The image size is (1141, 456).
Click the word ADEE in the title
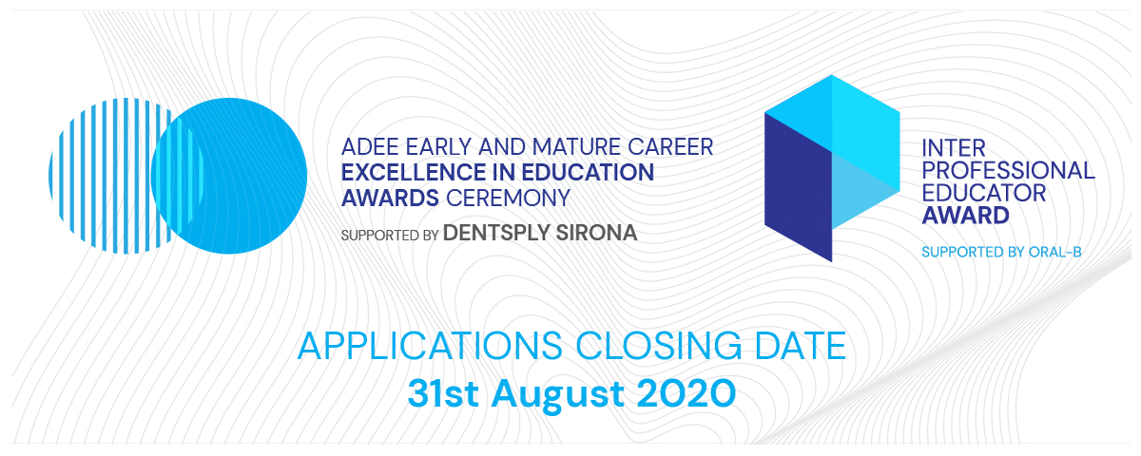pos(370,147)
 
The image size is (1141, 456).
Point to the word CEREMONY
pos(509,198)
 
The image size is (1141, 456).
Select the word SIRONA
pos(596,233)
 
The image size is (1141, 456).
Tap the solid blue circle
pos(229,176)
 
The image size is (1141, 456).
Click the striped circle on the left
pos(97,176)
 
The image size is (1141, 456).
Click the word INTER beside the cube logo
pos(954,148)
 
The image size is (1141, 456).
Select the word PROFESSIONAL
pos(1008,170)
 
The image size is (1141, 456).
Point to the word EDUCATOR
pos(983,193)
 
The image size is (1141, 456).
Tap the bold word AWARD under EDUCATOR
pos(965,216)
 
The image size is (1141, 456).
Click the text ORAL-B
pos(1054,252)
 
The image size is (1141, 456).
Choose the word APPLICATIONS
pos(430,346)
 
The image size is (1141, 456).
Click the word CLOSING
pos(659,346)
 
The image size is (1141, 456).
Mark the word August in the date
pos(558,394)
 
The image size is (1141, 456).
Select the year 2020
pos(687,393)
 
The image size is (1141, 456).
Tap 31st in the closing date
pos(443,393)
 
